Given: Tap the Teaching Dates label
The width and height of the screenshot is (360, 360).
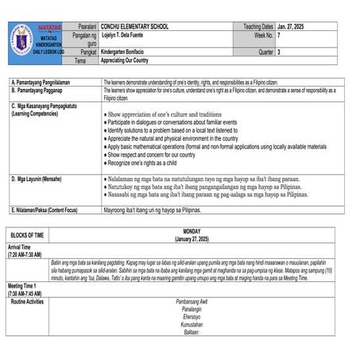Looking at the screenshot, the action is click(258, 27).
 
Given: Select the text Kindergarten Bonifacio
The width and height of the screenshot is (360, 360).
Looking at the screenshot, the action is click(130, 52).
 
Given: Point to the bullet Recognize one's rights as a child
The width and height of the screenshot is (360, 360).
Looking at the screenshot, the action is click(143, 162).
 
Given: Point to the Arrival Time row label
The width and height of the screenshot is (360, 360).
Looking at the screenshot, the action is click(23, 247).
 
